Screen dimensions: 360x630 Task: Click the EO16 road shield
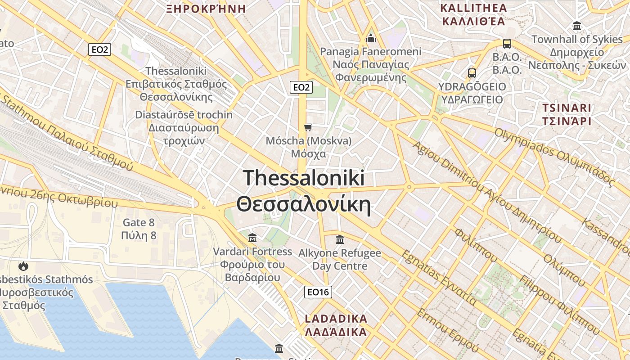click(x=318, y=292)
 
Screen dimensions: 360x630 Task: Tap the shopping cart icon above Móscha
click(x=308, y=127)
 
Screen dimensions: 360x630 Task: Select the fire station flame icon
click(x=23, y=266)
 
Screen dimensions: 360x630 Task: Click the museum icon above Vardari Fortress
click(x=252, y=238)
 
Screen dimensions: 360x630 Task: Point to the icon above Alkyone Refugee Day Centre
click(x=340, y=239)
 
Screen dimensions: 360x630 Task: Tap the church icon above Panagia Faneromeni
click(x=371, y=38)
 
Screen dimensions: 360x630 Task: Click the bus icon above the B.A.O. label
click(x=507, y=44)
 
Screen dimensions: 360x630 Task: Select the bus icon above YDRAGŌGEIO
click(x=472, y=73)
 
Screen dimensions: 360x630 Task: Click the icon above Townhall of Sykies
click(x=577, y=26)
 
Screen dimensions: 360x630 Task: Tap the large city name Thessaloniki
click(x=304, y=178)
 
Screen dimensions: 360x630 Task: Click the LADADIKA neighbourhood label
click(x=336, y=319)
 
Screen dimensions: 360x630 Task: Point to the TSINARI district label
click(x=566, y=108)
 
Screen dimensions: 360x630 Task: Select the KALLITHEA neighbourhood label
click(x=473, y=8)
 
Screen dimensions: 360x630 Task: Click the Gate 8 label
click(x=139, y=222)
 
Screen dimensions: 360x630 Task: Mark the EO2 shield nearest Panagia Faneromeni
click(x=301, y=87)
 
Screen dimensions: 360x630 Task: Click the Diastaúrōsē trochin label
click(x=184, y=115)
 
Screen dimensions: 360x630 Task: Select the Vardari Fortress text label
click(x=252, y=252)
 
